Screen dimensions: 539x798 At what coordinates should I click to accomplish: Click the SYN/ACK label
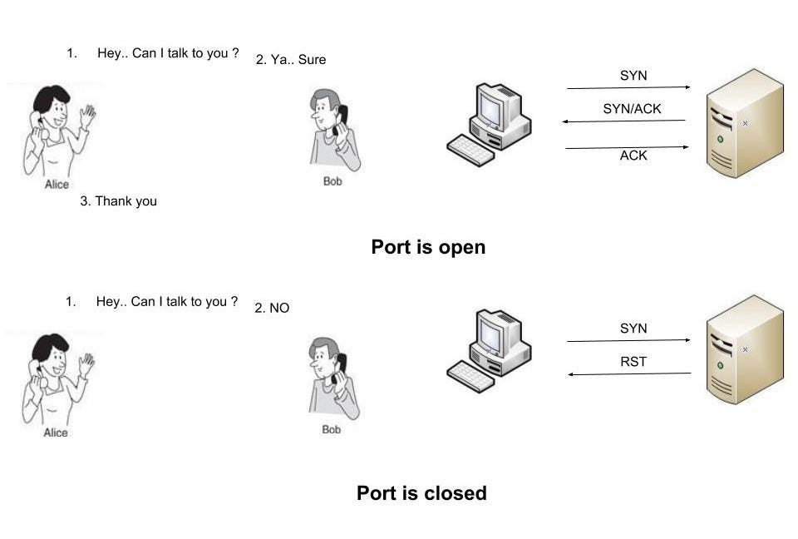632,109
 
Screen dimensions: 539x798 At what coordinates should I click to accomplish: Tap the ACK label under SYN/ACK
633,156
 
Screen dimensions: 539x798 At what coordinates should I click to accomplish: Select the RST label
633,362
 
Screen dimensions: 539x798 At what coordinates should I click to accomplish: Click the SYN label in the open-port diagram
633,76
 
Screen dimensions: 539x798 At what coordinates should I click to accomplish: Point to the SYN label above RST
633,329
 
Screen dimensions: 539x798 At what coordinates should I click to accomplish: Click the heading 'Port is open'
427,247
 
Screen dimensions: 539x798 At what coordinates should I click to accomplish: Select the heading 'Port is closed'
421,493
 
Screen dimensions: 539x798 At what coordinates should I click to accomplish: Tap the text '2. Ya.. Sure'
291,60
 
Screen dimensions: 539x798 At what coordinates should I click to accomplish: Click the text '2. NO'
272,308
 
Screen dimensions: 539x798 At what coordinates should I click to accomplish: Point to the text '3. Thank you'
118,201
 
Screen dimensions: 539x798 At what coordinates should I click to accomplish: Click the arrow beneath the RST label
629,374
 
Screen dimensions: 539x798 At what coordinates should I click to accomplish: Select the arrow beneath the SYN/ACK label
624,121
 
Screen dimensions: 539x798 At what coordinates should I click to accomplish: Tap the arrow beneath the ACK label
628,147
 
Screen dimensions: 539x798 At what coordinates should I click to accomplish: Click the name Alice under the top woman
57,185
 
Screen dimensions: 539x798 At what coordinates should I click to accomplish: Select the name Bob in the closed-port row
332,429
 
